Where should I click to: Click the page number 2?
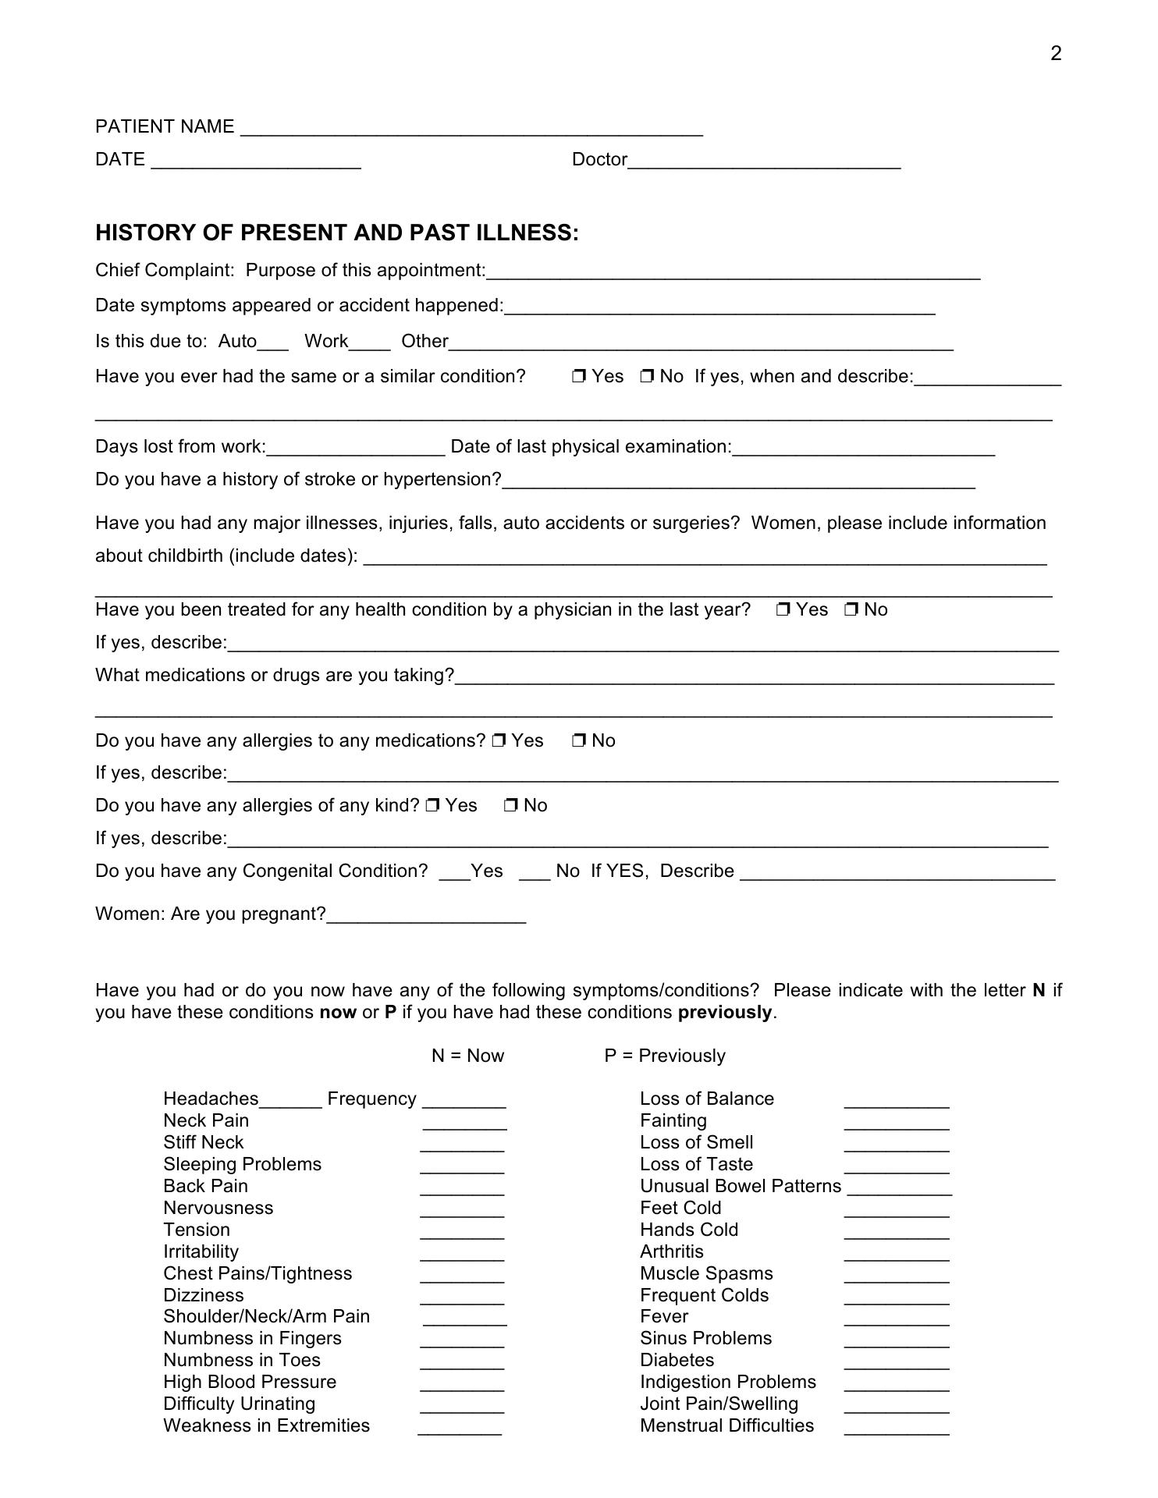1056,54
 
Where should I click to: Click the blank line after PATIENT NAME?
471,129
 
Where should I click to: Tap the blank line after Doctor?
764,162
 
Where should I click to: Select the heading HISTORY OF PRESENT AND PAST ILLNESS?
337,233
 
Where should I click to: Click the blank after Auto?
273,343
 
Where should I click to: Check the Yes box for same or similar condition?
578,377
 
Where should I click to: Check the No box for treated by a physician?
851,610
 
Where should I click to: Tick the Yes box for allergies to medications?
499,741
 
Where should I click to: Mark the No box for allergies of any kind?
511,806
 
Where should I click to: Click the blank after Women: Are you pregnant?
426,917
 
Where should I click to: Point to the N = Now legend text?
467,1056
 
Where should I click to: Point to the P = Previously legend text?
665,1056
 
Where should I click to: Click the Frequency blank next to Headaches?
464,1102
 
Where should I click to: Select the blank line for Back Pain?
462,1189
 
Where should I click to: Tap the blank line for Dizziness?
462,1298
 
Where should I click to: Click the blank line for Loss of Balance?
897,1102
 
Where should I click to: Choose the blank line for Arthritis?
897,1255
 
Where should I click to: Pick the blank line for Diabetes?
897,1364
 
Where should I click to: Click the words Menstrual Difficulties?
726,1426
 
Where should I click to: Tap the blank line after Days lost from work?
356,449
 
